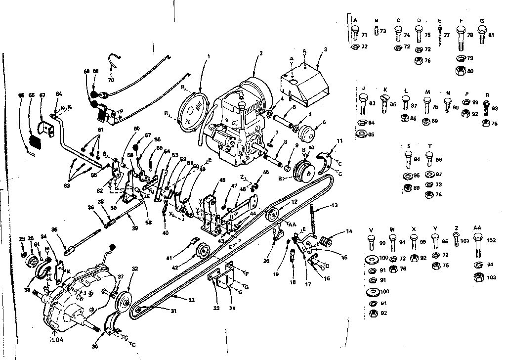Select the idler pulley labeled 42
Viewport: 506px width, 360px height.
202,252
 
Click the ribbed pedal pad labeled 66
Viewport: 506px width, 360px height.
34,138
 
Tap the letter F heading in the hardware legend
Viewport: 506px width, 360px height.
461,20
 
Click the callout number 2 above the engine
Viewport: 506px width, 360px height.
260,53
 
